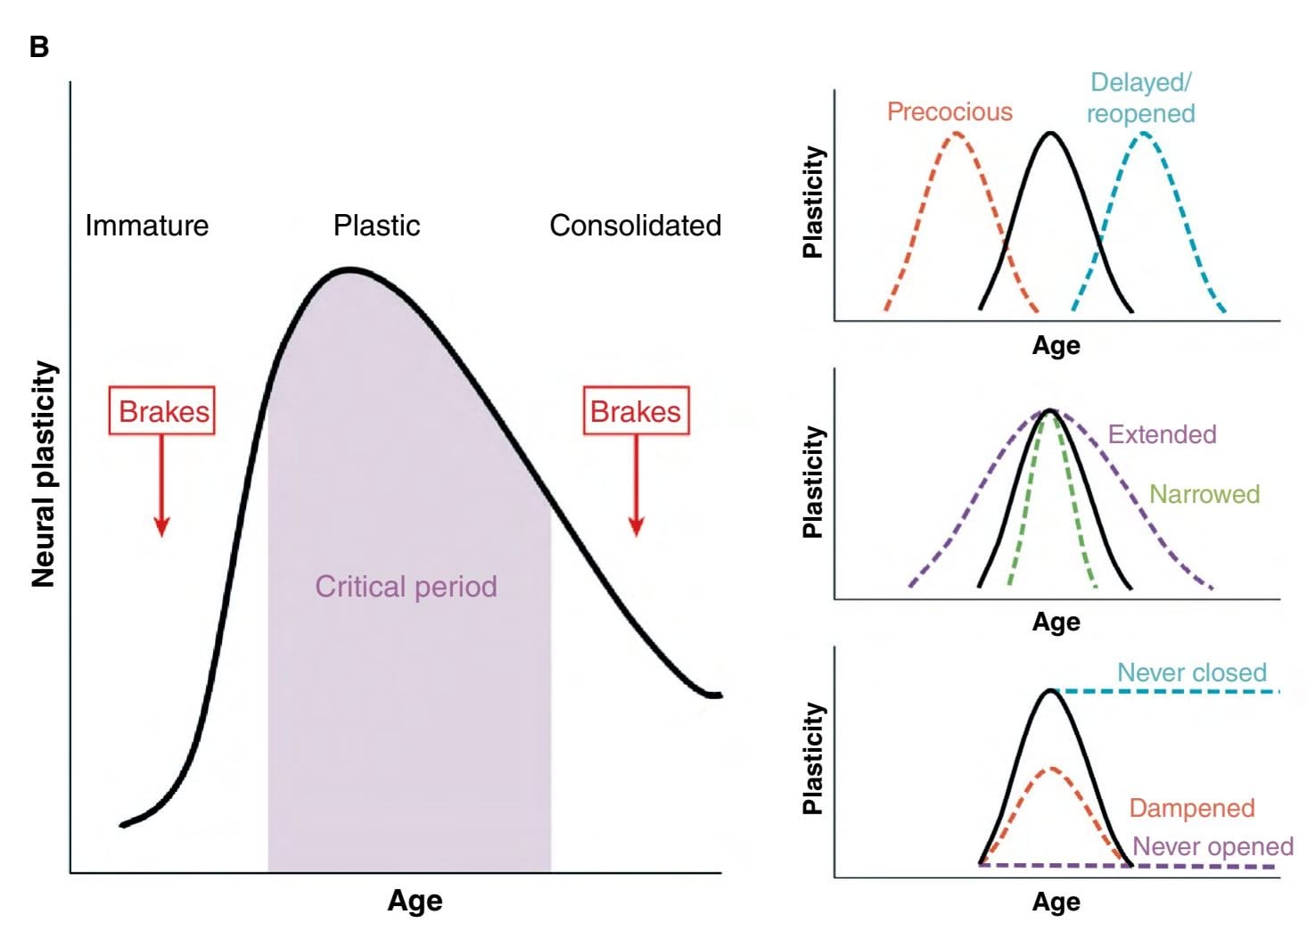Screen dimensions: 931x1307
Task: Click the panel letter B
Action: [x=39, y=46]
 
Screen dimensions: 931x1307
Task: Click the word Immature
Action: [x=146, y=226]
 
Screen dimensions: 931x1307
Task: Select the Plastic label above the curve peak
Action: [x=376, y=226]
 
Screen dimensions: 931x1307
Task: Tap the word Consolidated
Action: [x=635, y=226]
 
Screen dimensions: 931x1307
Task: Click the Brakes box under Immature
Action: [x=162, y=411]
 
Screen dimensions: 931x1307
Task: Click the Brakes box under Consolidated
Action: [x=636, y=411]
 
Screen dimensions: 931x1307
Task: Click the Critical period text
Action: [x=406, y=586]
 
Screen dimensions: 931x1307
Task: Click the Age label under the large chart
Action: [x=415, y=901]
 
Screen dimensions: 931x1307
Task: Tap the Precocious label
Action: [x=949, y=111]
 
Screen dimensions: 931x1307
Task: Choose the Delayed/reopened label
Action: [x=1140, y=98]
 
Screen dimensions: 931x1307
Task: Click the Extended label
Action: [x=1162, y=434]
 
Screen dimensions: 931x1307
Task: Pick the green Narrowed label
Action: [x=1204, y=494]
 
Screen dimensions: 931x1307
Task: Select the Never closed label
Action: [x=1191, y=672]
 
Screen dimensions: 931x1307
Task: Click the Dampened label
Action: [x=1191, y=808]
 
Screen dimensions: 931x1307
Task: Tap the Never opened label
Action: [x=1212, y=846]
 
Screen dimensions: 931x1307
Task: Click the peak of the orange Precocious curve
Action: [x=956, y=135]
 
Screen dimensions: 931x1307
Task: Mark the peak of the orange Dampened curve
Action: [x=1051, y=767]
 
